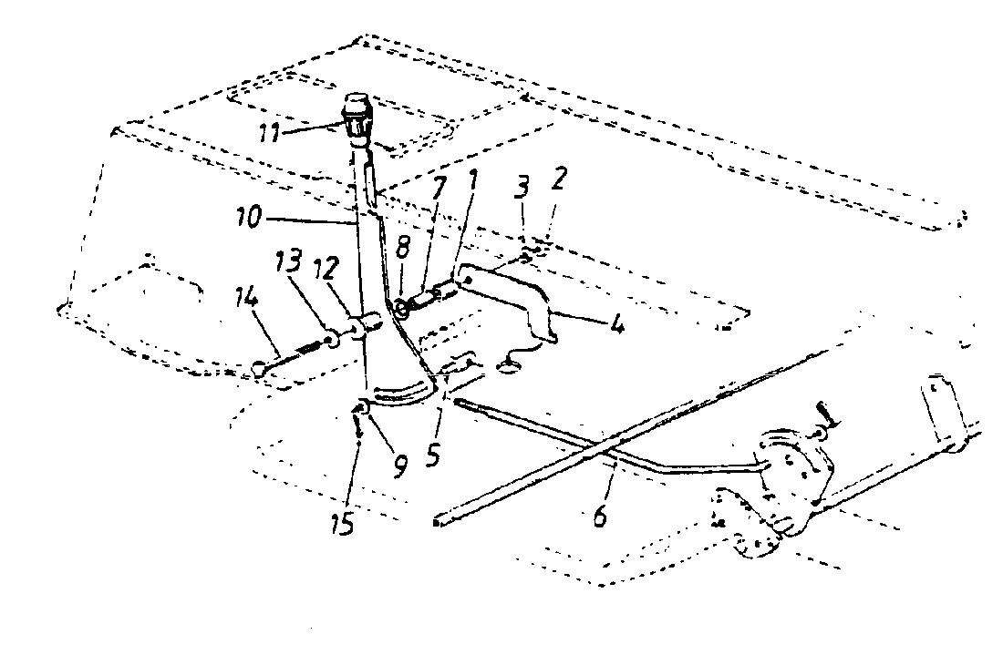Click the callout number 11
pos(269,134)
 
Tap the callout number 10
pos(248,218)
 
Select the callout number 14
pos(247,299)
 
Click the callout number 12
pos(326,269)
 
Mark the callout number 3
pos(522,189)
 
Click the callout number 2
pos(558,179)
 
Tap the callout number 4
pos(616,325)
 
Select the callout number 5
pos(433,455)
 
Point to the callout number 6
pos(600,515)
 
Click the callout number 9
pos(399,466)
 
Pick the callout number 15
pos(342,524)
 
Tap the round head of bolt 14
pos(258,367)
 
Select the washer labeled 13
pos(333,340)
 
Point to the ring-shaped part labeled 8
pos(402,309)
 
